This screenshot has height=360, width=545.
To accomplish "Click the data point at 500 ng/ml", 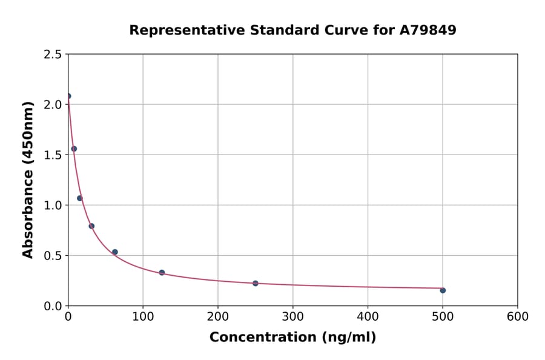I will pos(443,290).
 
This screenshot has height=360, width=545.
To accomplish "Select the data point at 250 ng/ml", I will pos(256,283).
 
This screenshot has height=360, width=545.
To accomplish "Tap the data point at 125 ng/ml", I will pos(162,273).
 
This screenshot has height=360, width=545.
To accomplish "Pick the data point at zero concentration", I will pos(68,96).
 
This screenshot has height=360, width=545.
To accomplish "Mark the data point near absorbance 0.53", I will pos(115,252).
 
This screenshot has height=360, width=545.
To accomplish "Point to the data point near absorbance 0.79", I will pos(91,226).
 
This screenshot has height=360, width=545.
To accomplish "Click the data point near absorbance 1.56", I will pos(74,148).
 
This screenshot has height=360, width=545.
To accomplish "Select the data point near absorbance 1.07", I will pos(80,198).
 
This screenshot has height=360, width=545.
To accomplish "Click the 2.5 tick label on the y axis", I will pos(53,55).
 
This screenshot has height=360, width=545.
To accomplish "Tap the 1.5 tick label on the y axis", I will pos(53,155).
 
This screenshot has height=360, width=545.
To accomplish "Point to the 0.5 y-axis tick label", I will pos(53,256).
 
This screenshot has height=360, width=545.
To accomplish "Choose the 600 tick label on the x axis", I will pos(518,316).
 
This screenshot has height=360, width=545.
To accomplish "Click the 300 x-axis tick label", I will pos(293,316).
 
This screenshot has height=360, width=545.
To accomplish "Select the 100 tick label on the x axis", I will pos(143,316).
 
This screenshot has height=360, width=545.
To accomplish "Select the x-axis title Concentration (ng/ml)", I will pos(293,338).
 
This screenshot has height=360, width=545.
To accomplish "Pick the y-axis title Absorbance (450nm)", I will pos(28,180).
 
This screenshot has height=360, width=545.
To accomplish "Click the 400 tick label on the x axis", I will pos(368,316).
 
